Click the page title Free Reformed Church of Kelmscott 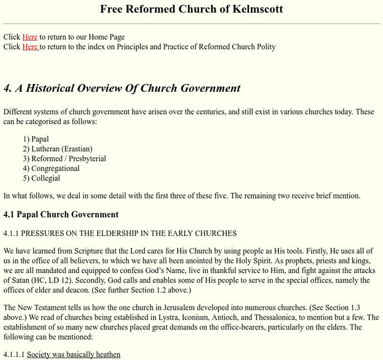(191, 9)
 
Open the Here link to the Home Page (29, 37)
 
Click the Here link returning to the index (30, 47)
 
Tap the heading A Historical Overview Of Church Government (122, 88)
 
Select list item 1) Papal (36, 139)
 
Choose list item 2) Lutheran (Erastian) (58, 149)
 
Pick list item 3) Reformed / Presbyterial (64, 159)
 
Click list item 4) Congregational (51, 169)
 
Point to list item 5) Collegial (41, 178)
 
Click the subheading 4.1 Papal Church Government (61, 214)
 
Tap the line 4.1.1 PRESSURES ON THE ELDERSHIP (120, 233)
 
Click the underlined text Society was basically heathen (73, 355)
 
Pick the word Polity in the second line (263, 47)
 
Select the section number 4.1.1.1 (14, 355)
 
